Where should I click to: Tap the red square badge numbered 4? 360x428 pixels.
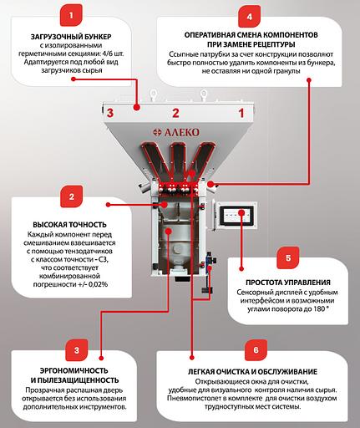(248, 15)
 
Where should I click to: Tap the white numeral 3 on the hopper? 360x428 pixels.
(110, 111)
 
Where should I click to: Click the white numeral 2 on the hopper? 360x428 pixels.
(175, 111)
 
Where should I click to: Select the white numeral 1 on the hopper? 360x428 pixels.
(241, 111)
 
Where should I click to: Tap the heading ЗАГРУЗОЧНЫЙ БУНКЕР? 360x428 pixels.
(71, 37)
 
